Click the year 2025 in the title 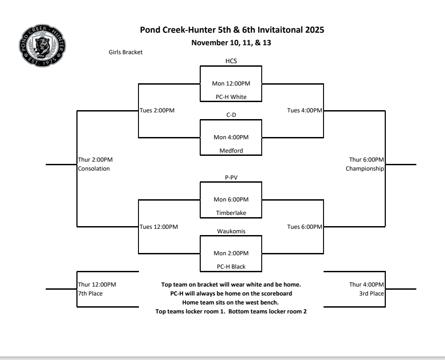coord(313,30)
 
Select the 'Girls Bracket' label coord(125,52)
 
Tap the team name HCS coord(231,61)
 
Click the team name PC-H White coord(231,97)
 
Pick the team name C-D coord(231,115)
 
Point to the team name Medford coord(231,150)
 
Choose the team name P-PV coord(231,177)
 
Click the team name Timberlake coord(231,213)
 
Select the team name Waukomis coord(231,231)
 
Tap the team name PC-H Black coord(231,267)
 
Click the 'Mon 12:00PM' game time coord(231,83)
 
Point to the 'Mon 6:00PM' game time coord(231,200)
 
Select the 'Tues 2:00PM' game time coord(157,111)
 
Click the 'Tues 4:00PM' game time coord(304,111)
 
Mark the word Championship coord(365,169)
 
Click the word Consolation coord(94,169)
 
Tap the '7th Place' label coord(90,294)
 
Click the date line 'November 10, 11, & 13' coord(231,43)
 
